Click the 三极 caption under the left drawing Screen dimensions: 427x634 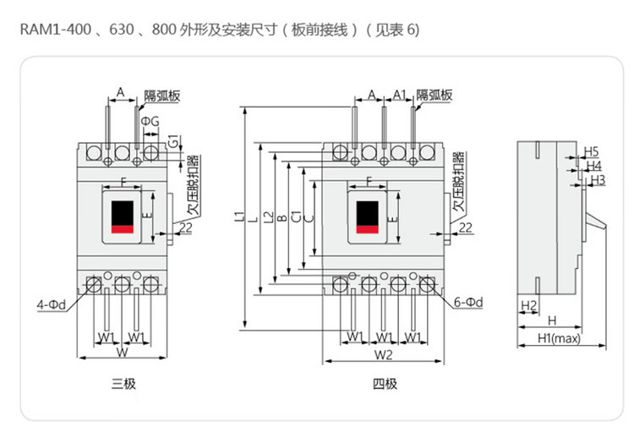click(x=123, y=384)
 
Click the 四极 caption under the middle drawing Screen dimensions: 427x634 click(x=385, y=384)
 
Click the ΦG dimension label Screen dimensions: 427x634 click(x=150, y=124)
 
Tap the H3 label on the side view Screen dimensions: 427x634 click(x=598, y=180)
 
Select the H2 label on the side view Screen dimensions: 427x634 click(x=528, y=304)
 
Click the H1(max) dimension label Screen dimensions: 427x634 click(x=559, y=340)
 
